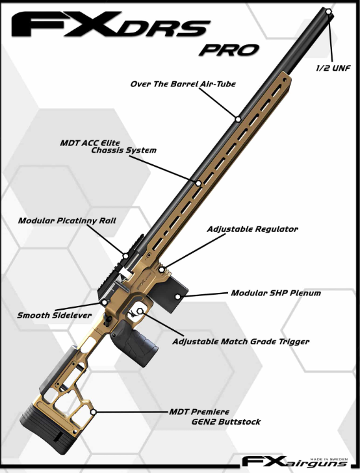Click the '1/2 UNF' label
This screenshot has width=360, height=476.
(x=333, y=68)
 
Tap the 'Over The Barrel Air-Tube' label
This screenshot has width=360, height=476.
(x=183, y=84)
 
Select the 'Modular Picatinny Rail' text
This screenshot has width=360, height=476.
(x=67, y=220)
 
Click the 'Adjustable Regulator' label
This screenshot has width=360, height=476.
(x=252, y=229)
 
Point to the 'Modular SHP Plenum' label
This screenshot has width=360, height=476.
(x=276, y=293)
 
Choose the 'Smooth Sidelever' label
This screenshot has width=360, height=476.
(x=54, y=315)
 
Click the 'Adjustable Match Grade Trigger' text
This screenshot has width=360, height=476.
(x=240, y=342)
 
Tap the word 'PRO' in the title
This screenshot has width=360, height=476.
(x=229, y=50)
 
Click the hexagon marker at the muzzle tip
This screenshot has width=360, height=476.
(x=328, y=12)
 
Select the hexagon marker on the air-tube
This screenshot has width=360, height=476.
(x=238, y=119)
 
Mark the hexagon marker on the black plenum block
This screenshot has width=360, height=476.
(x=177, y=297)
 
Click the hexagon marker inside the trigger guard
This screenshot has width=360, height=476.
(x=140, y=311)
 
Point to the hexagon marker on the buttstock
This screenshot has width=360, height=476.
(x=94, y=412)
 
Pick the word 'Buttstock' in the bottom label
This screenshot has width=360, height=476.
(x=240, y=421)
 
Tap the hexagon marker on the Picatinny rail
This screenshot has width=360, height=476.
(x=125, y=256)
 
